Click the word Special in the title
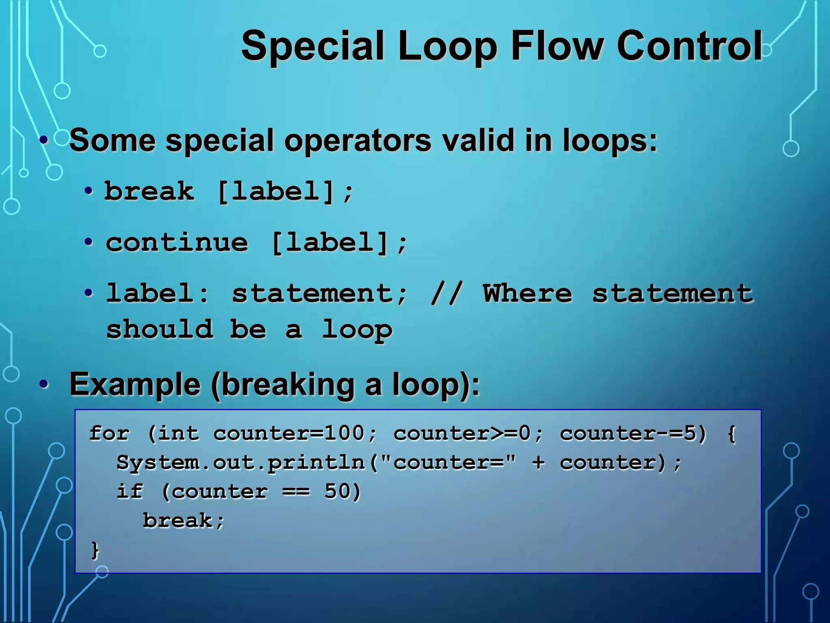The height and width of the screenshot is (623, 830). pos(312,47)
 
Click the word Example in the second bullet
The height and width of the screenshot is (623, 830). pos(135,384)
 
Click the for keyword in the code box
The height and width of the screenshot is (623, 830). pos(109,433)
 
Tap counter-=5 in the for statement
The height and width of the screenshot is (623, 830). pos(632,433)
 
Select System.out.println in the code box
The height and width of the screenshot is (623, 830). pos(241,462)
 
